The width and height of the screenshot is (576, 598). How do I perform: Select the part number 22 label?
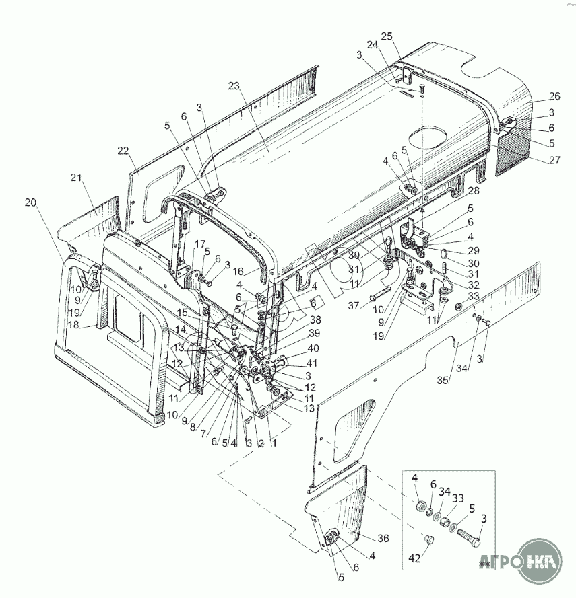click(123, 150)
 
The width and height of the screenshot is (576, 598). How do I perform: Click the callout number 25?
click(386, 36)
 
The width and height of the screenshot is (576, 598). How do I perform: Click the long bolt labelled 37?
click(381, 293)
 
